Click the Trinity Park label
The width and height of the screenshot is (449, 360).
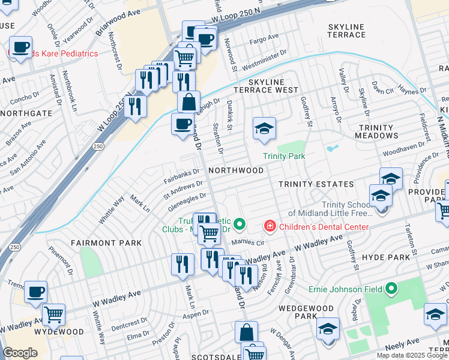pyautogui.click(x=284, y=157)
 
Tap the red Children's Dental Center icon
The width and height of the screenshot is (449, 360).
pyautogui.click(x=270, y=227)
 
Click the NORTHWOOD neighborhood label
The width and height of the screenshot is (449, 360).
pyautogui.click(x=236, y=170)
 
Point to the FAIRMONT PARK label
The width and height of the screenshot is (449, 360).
pyautogui.click(x=106, y=243)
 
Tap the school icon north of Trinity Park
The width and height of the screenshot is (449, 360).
pyautogui.click(x=264, y=128)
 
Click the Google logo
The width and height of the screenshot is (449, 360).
pyautogui.click(x=20, y=353)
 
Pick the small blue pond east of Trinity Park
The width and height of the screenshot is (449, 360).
pyautogui.click(x=332, y=148)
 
